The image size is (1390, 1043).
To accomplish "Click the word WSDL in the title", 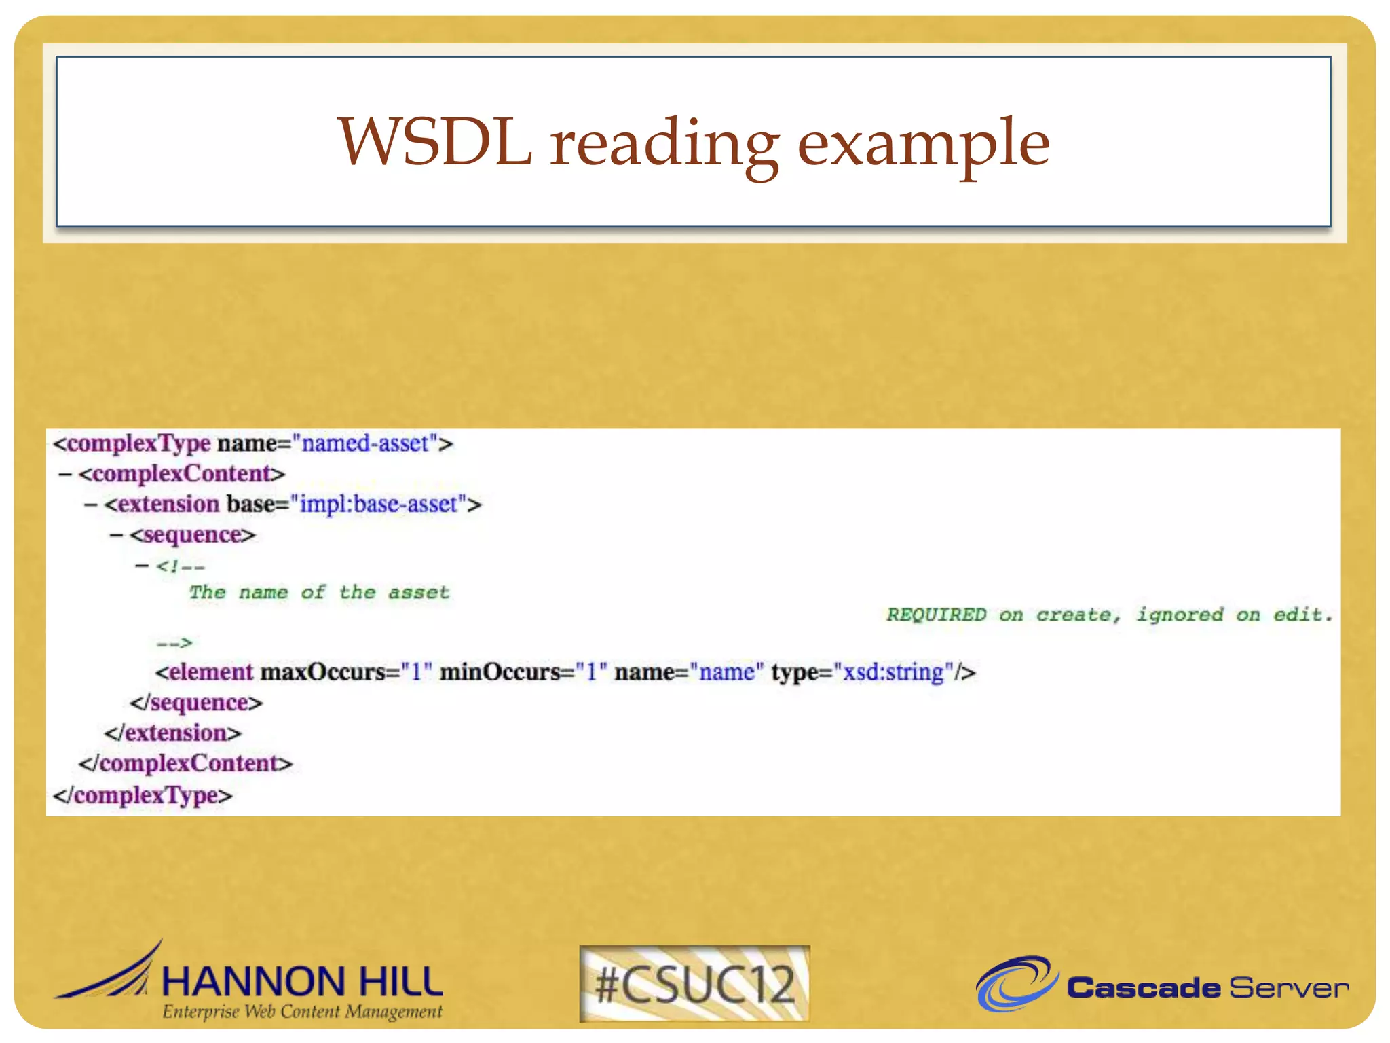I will tap(434, 143).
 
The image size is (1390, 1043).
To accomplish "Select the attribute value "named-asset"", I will tap(365, 443).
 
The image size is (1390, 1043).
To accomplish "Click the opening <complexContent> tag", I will tap(181, 474).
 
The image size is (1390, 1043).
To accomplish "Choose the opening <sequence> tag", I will tap(193, 535).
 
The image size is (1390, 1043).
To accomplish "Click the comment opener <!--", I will tap(180, 566).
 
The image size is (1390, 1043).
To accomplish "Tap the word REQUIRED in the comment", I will tap(936, 615).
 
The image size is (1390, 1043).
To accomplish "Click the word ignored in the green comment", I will tap(1180, 615).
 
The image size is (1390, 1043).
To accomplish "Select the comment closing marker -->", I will tap(174, 642).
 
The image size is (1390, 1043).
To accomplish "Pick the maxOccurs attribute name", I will tap(324, 672).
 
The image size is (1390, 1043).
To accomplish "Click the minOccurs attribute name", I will tap(500, 672).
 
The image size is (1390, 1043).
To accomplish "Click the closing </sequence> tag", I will tap(196, 703).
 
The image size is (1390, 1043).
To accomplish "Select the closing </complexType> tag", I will tap(143, 794).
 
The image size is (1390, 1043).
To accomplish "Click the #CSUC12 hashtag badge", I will tap(694, 984).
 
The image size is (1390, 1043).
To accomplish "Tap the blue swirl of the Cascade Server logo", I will tap(1015, 983).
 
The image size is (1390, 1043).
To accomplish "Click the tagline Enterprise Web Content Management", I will tap(302, 1012).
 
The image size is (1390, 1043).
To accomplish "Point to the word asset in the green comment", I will tap(419, 593).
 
